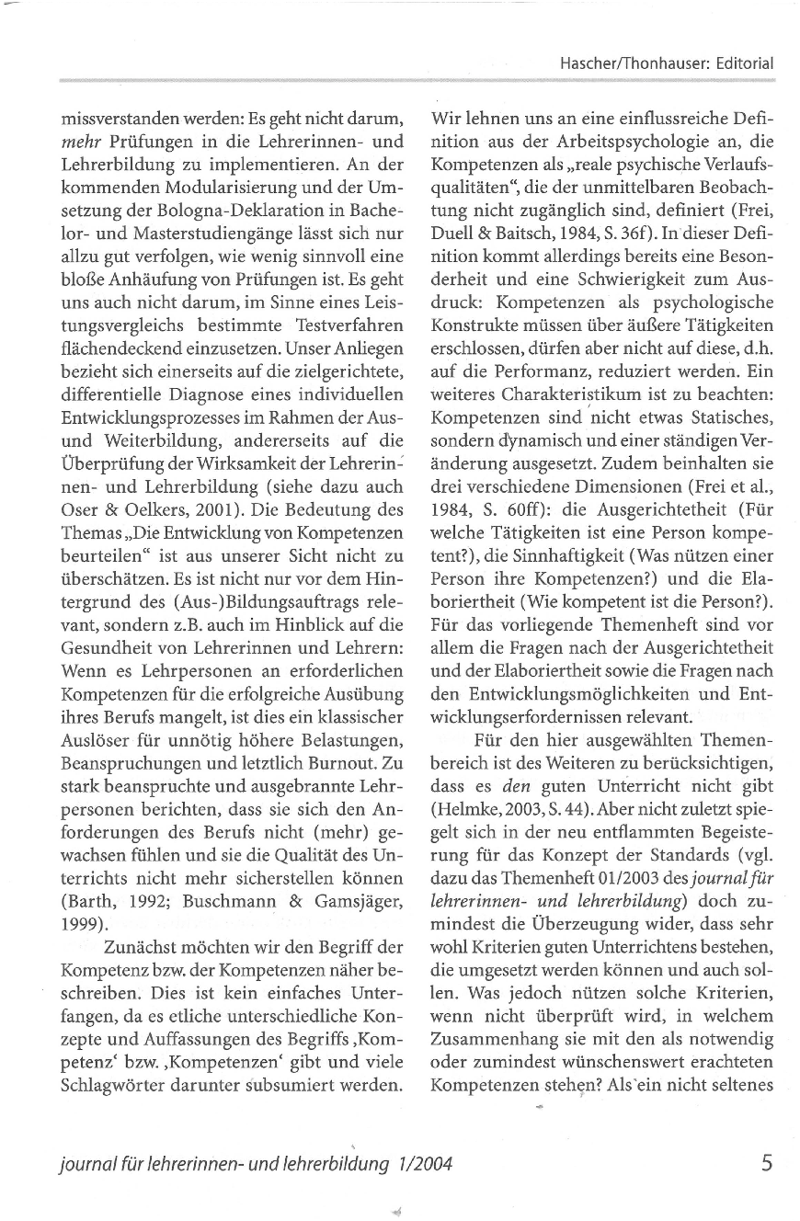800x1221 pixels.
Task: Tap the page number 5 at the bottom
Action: coord(767,1162)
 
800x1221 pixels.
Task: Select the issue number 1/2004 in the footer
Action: coord(422,1164)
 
